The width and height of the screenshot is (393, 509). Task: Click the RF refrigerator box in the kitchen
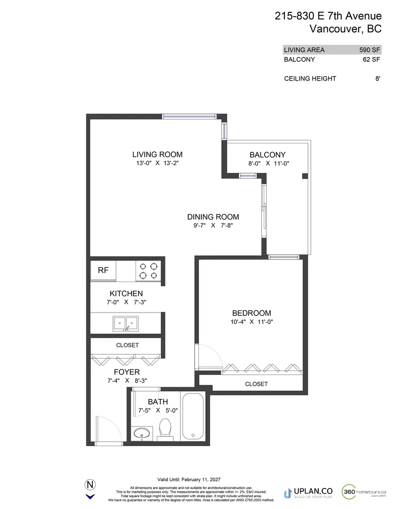click(103, 270)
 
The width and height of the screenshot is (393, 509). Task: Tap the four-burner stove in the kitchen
click(148, 271)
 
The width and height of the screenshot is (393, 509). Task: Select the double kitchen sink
click(126, 323)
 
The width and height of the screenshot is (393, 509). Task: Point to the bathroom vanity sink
click(142, 433)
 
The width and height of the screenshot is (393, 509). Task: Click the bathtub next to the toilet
click(195, 416)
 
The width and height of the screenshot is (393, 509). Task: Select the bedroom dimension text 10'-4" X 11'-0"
click(252, 322)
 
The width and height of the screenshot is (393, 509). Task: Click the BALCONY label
click(267, 154)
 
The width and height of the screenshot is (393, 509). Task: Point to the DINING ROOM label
click(213, 217)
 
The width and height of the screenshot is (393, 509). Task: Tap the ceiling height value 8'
click(377, 79)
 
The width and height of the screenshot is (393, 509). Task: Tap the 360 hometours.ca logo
click(364, 491)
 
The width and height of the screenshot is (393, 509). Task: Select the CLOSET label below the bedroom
click(256, 384)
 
